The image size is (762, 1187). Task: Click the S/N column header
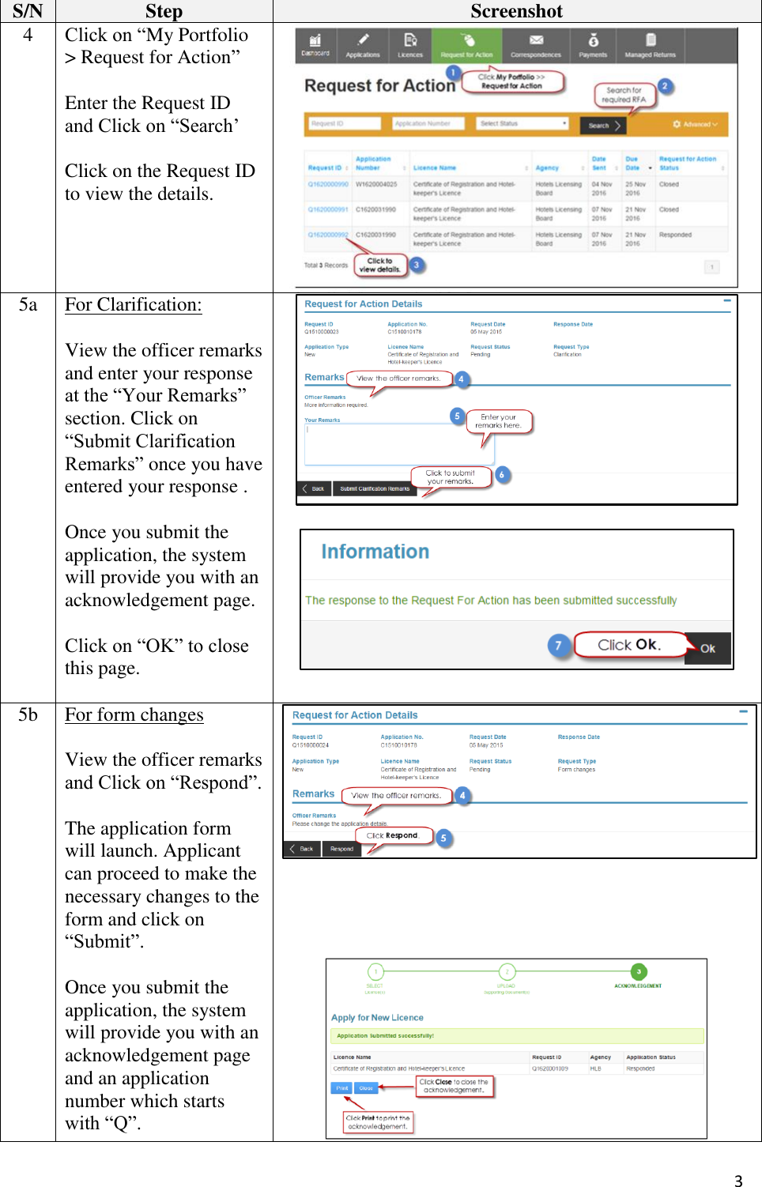coord(28,11)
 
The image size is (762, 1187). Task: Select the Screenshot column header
coord(516,11)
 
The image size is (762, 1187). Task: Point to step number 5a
coord(28,305)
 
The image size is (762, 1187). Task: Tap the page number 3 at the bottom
coord(737,1181)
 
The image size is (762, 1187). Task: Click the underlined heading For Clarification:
coord(134,305)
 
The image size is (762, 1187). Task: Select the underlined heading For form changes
coord(134,715)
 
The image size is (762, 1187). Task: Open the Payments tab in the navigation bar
coord(593,46)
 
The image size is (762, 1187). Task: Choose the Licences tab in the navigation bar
coord(410,46)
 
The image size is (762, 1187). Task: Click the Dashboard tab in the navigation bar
coord(315,46)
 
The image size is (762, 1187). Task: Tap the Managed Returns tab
coord(650,46)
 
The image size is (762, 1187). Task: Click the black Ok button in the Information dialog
coord(707,648)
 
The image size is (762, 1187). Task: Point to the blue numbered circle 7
coord(558,646)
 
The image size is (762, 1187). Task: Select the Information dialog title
coord(375,552)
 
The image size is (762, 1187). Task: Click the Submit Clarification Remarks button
coord(375,488)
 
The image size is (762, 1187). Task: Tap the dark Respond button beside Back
coord(341,849)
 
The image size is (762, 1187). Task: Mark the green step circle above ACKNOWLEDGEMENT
coord(638,971)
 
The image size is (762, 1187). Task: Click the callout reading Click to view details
coord(380,265)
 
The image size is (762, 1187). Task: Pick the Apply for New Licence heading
coord(377,1018)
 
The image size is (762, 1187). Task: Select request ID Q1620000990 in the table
coord(328,184)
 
